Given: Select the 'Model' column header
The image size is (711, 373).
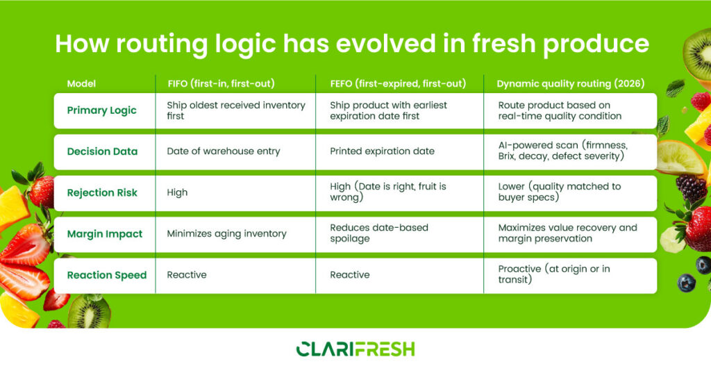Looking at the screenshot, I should [81, 83].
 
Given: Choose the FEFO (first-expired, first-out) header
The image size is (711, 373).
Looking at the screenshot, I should [397, 83].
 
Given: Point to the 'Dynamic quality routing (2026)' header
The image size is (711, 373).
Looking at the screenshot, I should [570, 83].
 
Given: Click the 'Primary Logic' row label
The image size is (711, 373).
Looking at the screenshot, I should [101, 110].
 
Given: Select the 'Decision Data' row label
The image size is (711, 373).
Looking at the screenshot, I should [102, 151].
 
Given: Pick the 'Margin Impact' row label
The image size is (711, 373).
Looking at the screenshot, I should [104, 234].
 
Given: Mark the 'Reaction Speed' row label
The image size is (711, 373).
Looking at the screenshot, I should [106, 275].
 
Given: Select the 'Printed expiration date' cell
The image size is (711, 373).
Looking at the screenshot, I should [382, 151].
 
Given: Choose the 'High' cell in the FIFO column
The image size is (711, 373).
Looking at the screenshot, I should [177, 192].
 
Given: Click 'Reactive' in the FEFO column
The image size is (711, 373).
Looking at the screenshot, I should [349, 275].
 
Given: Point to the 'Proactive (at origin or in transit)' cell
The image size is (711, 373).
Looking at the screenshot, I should [553, 274].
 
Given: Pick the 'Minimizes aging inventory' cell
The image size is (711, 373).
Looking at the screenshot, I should [226, 234].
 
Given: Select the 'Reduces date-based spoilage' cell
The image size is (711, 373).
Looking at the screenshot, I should [378, 233].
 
